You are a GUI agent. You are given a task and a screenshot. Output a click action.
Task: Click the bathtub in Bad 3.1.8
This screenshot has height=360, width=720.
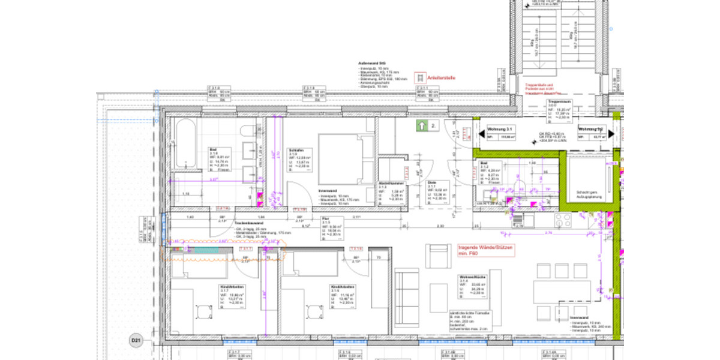point(185,137)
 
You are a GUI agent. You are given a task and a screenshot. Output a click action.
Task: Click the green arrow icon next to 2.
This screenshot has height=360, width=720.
point(422,126)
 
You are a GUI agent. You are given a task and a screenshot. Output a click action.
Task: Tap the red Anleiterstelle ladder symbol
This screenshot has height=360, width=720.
point(422,78)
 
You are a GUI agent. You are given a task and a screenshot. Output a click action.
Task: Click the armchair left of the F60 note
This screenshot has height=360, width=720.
point(437,256)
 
